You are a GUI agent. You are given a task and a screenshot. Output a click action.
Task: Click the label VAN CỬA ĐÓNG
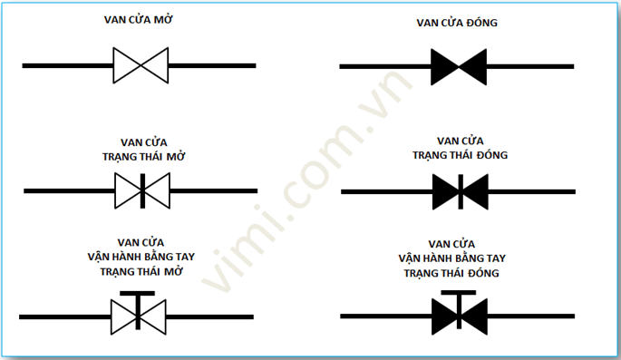click(x=456, y=22)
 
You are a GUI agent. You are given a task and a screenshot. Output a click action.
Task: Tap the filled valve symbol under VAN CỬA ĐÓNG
click(x=459, y=66)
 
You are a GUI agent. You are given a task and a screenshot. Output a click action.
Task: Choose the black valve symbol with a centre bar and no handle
click(x=461, y=190)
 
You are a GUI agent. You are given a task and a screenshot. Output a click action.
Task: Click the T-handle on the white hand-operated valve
click(x=138, y=297)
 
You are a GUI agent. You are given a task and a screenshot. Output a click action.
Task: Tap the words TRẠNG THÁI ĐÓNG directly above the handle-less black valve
click(x=460, y=155)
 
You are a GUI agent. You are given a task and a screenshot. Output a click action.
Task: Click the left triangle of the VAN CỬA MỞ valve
click(x=125, y=65)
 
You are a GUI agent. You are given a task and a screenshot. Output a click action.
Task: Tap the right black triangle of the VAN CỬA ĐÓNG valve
click(x=473, y=66)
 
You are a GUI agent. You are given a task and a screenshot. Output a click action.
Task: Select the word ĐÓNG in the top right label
click(x=480, y=22)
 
